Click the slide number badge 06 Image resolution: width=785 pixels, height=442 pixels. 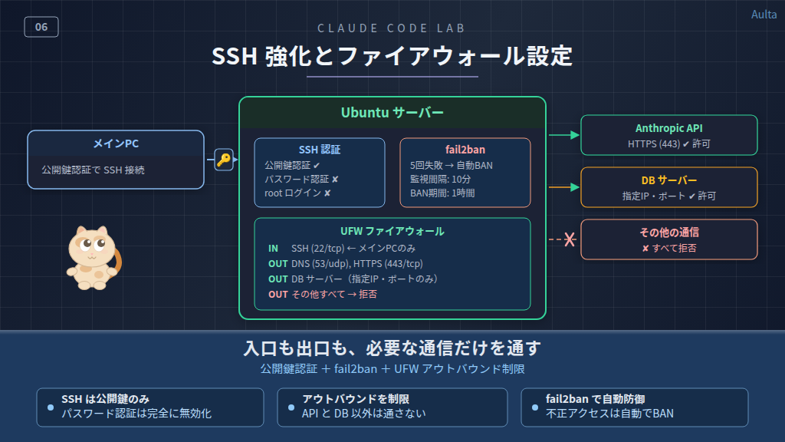[x=41, y=28]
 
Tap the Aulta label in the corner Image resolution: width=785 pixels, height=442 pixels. [x=764, y=15]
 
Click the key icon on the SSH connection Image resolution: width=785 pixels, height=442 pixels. [x=223, y=160]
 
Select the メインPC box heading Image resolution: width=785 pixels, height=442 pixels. [x=116, y=143]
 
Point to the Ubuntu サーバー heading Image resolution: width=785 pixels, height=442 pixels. [x=392, y=113]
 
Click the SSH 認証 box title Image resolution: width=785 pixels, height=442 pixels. [x=320, y=150]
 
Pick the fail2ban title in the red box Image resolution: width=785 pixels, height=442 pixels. [x=465, y=150]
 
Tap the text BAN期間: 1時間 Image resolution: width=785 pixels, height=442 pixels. [x=442, y=193]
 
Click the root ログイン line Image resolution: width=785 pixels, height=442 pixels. [x=297, y=193]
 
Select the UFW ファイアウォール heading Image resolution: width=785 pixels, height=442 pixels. [x=392, y=231]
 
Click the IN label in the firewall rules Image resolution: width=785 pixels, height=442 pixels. [x=273, y=249]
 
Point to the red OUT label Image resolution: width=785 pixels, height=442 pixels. [x=278, y=294]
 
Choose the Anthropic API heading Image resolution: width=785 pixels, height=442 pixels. [x=668, y=128]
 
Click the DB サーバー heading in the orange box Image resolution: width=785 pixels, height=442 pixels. [x=668, y=180]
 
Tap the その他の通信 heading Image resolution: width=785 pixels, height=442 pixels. [x=668, y=232]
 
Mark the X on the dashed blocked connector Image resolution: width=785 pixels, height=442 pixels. [x=570, y=240]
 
